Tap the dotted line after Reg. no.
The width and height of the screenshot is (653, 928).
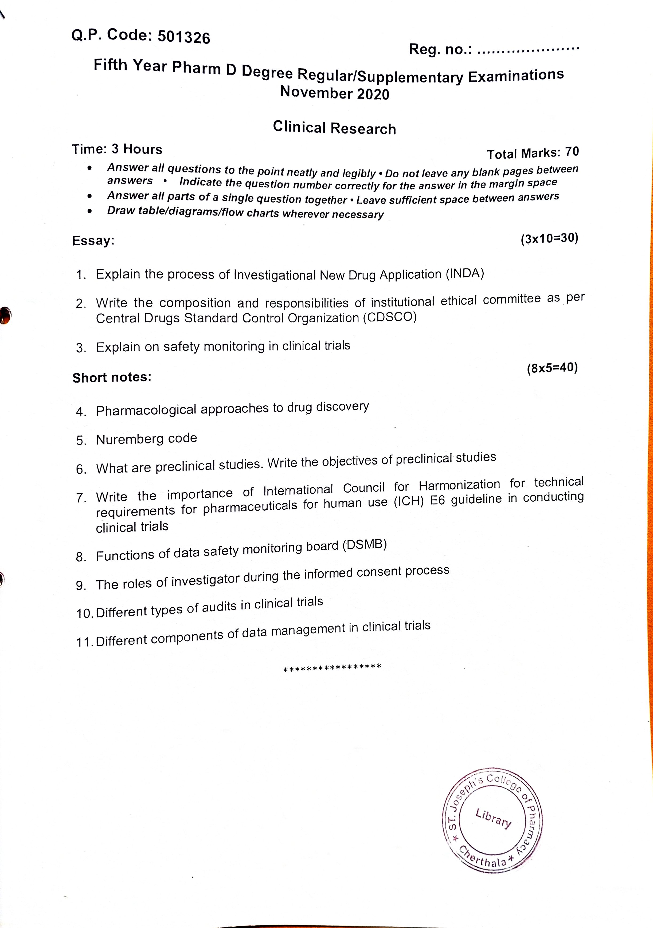pos(528,50)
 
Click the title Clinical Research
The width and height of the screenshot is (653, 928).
pos(334,128)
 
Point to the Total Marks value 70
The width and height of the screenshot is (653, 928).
pos(572,152)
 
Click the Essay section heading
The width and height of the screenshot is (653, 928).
pos(93,241)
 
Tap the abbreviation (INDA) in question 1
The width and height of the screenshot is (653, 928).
pos(465,274)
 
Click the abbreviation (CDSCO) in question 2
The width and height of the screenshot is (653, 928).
pos(389,317)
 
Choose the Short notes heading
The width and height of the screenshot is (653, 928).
pos(112,378)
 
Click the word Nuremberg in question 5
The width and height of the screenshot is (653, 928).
pos(127,440)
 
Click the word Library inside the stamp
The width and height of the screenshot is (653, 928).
pos(493,818)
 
